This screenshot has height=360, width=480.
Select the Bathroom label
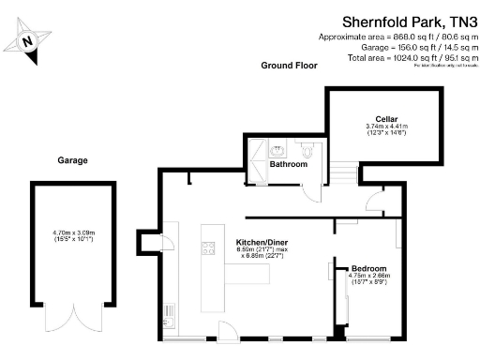pos(289,164)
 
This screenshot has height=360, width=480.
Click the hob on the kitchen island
pos(208,248)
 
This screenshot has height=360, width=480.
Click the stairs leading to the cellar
pos(346,173)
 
